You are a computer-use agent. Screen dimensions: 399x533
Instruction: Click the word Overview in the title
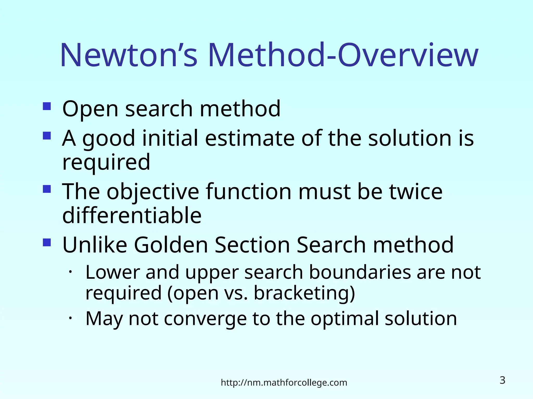click(x=408, y=55)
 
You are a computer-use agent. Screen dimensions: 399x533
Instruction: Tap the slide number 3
click(x=502, y=380)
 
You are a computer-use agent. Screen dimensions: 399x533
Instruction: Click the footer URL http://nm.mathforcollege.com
click(x=284, y=383)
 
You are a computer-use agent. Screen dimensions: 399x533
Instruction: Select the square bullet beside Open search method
click(x=47, y=106)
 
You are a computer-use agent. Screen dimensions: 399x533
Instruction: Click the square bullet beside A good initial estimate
click(x=47, y=136)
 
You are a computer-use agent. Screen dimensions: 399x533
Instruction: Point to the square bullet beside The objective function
click(x=47, y=189)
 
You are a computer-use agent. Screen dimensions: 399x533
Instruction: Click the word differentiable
click(x=132, y=215)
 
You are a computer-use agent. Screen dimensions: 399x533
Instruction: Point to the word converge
click(x=205, y=319)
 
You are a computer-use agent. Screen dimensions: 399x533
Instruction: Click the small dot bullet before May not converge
click(x=70, y=318)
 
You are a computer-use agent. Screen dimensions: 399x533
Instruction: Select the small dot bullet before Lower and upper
click(x=70, y=272)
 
